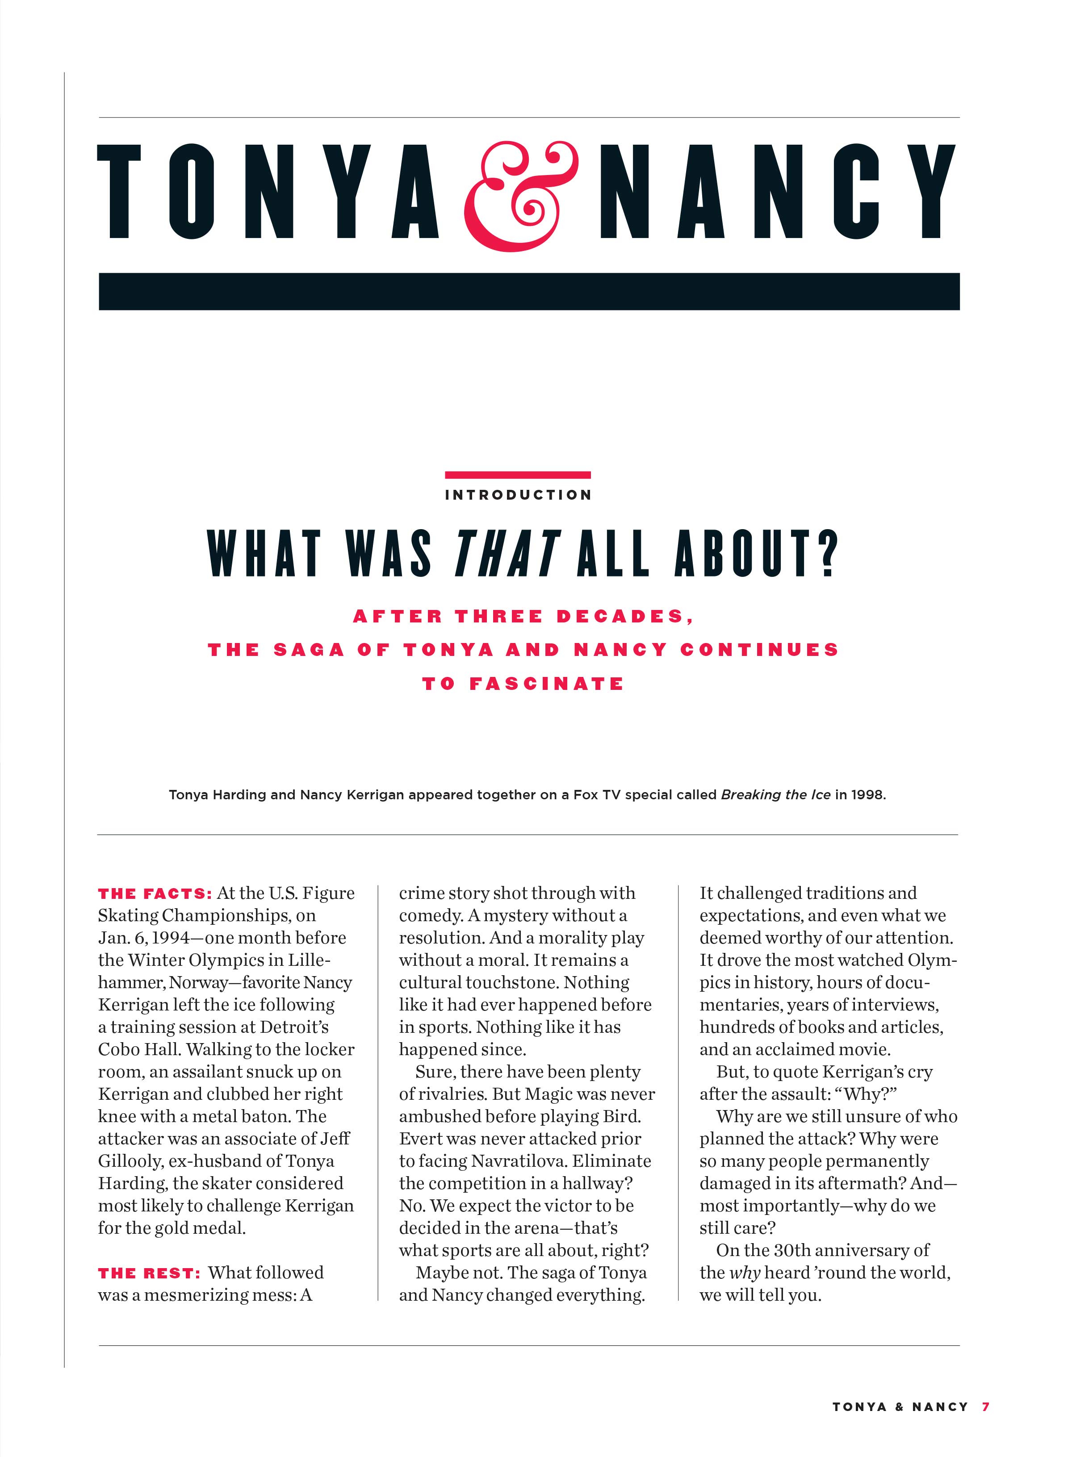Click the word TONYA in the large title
click(268, 192)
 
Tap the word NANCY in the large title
click(777, 192)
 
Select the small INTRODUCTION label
click(518, 495)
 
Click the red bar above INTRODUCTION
click(518, 475)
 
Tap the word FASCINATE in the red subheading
click(546, 684)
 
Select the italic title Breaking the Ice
click(775, 795)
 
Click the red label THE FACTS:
click(155, 894)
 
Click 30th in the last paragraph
click(797, 1251)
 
